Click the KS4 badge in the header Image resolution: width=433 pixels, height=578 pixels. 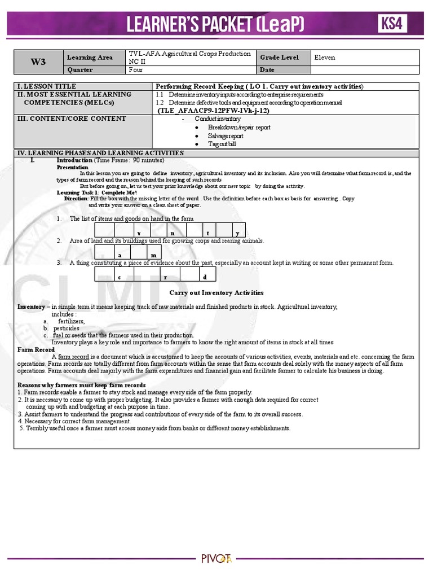pyautogui.click(x=392, y=24)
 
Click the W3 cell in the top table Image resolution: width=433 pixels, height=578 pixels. pyautogui.click(x=38, y=62)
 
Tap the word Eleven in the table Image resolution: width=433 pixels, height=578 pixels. pyautogui.click(x=325, y=57)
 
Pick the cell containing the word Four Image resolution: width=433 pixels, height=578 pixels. pyautogui.click(x=136, y=70)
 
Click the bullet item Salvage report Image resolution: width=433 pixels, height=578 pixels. pyautogui.click(x=226, y=136)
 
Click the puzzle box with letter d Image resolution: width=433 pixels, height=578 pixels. pyautogui.click(x=205, y=277)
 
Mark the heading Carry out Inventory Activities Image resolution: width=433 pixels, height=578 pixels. pyautogui.click(x=216, y=292)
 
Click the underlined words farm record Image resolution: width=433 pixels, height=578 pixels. pyautogui.click(x=73, y=357)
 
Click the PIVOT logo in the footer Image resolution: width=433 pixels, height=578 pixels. pyautogui.click(x=216, y=559)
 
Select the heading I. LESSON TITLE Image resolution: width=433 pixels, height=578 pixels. pyautogui.click(x=47, y=86)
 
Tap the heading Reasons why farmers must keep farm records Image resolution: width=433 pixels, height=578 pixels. pyautogui.click(x=82, y=385)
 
